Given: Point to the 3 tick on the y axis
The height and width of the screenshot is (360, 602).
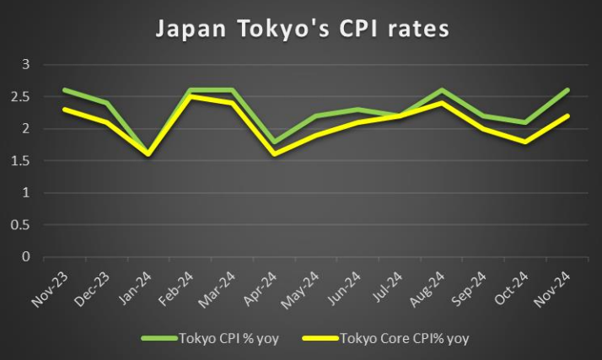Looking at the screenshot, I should (x=25, y=64).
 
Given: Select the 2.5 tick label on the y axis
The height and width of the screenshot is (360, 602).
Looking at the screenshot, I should (x=21, y=96).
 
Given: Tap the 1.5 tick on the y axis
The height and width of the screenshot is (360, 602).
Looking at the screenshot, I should (x=21, y=160).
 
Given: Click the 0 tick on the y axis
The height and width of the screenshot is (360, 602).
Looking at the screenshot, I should (x=25, y=256).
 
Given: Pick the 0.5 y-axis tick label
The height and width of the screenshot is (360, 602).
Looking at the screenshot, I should (x=21, y=224).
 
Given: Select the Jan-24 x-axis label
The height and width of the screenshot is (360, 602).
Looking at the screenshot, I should (x=139, y=287).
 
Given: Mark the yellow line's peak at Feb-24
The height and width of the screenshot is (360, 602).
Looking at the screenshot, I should (x=191, y=96).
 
